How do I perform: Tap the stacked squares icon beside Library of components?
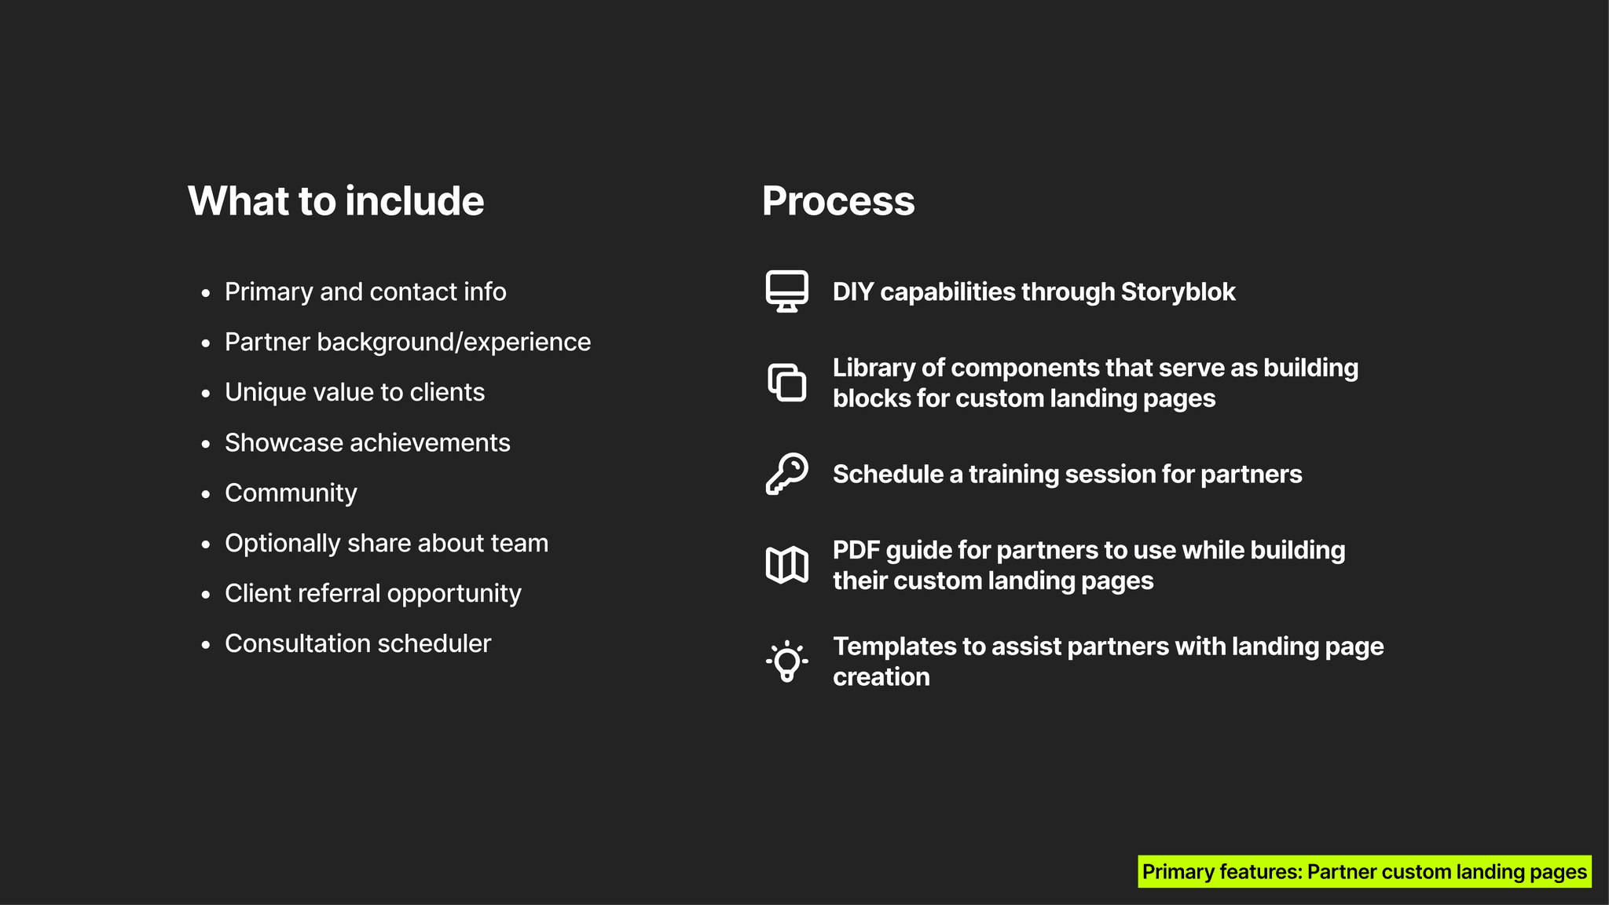[786, 383]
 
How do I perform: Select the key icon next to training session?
[786, 474]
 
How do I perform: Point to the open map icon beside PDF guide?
[786, 565]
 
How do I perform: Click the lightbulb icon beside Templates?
[786, 661]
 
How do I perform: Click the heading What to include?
[335, 201]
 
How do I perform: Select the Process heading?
[837, 201]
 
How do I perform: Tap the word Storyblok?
[1178, 292]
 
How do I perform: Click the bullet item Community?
[291, 493]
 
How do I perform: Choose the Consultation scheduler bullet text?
[357, 644]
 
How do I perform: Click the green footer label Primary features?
[1364, 872]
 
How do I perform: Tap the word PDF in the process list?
[856, 551]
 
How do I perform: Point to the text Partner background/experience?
[407, 343]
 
